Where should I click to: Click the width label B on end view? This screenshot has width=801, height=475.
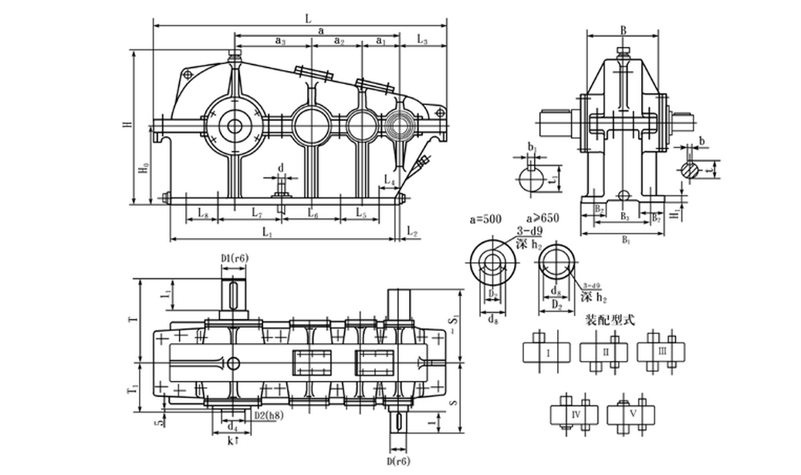point(623,29)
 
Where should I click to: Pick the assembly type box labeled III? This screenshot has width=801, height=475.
point(663,352)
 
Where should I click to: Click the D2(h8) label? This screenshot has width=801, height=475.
point(268,415)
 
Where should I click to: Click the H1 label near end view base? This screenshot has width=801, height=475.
point(674,210)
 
